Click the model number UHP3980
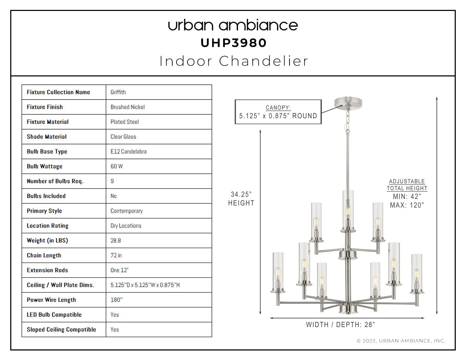(233, 43)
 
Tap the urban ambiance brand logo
(233, 25)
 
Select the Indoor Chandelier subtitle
(234, 61)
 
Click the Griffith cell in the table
(118, 92)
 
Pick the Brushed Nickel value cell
(127, 107)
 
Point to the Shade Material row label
(47, 137)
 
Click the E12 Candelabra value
(129, 152)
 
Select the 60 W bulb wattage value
(116, 166)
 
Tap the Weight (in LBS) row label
(47, 241)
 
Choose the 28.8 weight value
(116, 241)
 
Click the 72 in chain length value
(116, 256)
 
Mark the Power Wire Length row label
(52, 300)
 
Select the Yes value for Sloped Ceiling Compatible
(115, 330)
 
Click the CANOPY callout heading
(278, 108)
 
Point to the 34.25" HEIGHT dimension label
(241, 199)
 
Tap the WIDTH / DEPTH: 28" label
(341, 325)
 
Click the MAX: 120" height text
(407, 205)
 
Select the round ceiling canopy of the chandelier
(348, 102)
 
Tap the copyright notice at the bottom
(401, 341)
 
